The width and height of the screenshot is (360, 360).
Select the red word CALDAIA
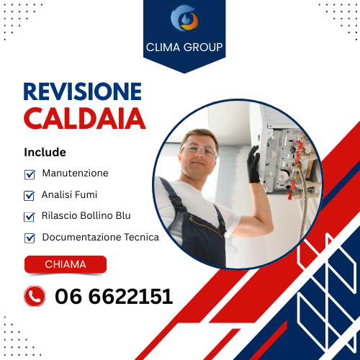point(85,118)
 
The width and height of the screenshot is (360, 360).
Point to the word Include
point(45,153)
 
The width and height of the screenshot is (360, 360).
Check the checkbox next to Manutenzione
point(30,174)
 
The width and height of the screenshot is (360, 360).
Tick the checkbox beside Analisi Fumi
point(30,195)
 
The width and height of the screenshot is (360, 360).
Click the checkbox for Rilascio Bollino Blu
point(30,216)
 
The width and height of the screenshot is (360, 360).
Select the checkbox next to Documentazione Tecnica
point(30,238)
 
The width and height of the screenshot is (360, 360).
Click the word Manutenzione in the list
point(75,174)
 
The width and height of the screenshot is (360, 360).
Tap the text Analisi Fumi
point(69,194)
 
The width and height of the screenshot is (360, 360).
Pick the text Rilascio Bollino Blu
point(86,215)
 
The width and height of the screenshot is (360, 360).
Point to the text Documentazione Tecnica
point(101,237)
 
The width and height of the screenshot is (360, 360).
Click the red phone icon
point(35,296)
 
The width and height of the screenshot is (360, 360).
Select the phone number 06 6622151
point(114,296)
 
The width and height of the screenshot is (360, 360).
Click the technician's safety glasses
point(197,150)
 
